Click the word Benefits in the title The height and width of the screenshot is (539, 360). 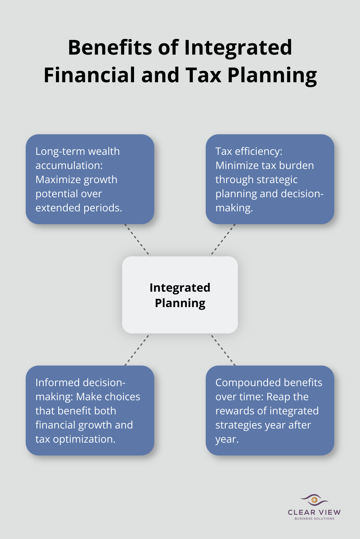coord(110,48)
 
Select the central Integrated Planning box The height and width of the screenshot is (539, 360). coord(180,295)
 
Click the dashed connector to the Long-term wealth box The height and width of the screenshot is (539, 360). coord(137,240)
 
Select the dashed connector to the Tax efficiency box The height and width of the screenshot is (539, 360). coord(223,240)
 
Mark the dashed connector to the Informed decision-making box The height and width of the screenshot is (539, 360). coord(137,349)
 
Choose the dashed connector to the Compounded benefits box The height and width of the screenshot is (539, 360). coord(223,349)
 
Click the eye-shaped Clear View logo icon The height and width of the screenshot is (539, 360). coord(314,500)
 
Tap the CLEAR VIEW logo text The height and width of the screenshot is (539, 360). coord(314,512)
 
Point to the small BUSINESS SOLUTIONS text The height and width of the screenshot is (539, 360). coord(314,518)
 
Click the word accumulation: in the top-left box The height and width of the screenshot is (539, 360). coord(69,165)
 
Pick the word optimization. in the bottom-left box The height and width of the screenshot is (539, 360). coord(84,439)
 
